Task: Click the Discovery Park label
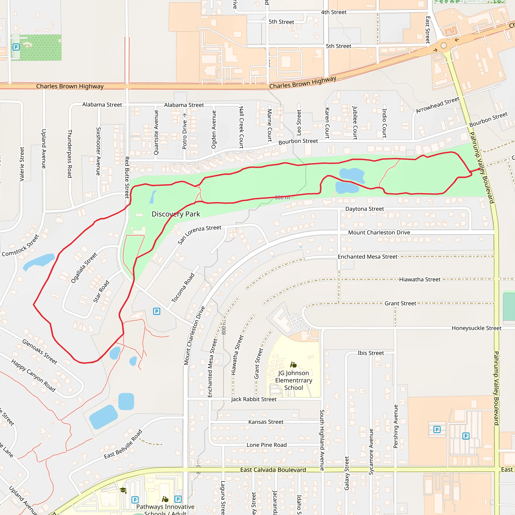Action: pyautogui.click(x=176, y=214)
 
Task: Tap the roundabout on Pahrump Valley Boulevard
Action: pyautogui.click(x=444, y=46)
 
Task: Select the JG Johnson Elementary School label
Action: pyautogui.click(x=293, y=380)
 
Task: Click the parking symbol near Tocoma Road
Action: pyautogui.click(x=156, y=311)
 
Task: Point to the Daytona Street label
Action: pyautogui.click(x=364, y=209)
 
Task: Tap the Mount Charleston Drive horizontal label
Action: pyautogui.click(x=379, y=232)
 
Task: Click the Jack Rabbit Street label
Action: pyautogui.click(x=253, y=399)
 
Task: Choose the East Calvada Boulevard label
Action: pyautogui.click(x=273, y=470)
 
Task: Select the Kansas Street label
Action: pyautogui.click(x=266, y=422)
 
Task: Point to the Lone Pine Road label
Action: pyautogui.click(x=267, y=445)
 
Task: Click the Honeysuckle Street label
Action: pyautogui.click(x=476, y=328)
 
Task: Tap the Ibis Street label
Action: pyautogui.click(x=370, y=353)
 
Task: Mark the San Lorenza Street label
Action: pyautogui.click(x=199, y=235)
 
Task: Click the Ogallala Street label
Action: pyautogui.click(x=84, y=268)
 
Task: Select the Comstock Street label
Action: pyautogui.click(x=21, y=245)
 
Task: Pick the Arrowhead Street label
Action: pyautogui.click(x=438, y=105)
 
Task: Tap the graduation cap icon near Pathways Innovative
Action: pyautogui.click(x=123, y=490)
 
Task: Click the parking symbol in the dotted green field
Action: pyautogui.click(x=16, y=47)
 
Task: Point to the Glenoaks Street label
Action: pyautogui.click(x=39, y=352)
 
